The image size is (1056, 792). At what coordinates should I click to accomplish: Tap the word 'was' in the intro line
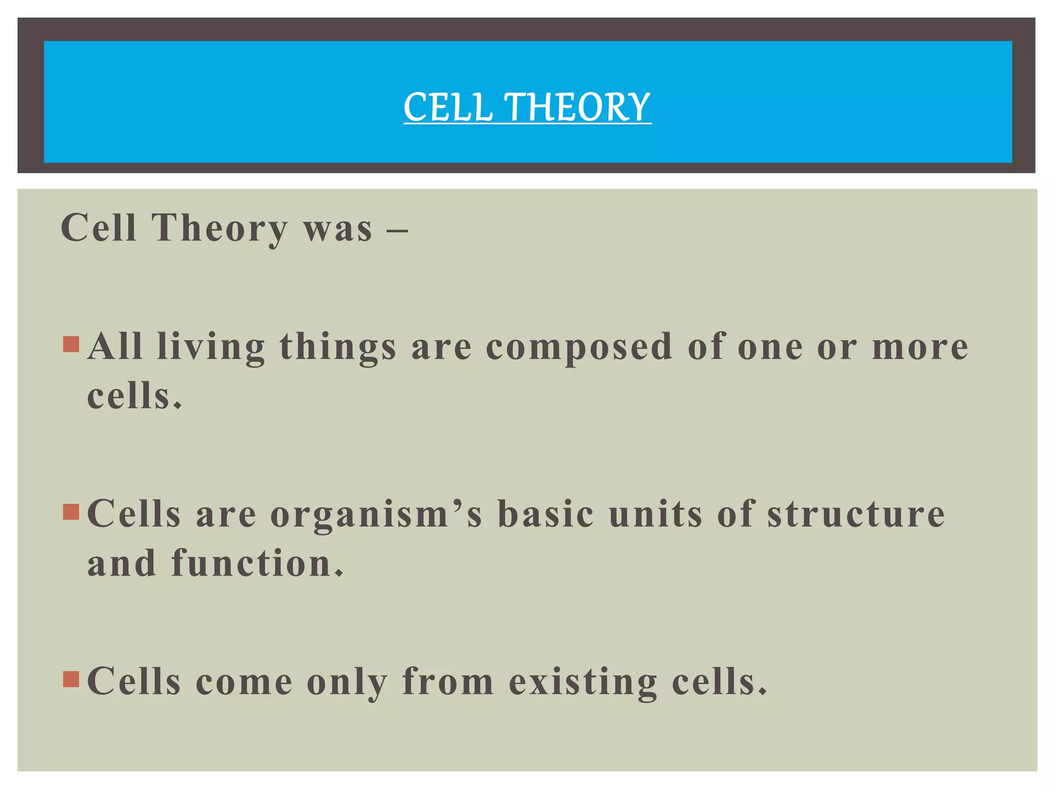(x=338, y=229)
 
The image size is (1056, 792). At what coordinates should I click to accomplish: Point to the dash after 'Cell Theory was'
(x=397, y=229)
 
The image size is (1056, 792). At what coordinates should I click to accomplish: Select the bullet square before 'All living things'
(x=71, y=344)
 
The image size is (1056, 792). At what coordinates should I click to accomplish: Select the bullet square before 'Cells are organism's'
(x=71, y=511)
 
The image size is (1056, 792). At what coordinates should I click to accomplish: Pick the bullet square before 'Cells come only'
(x=71, y=679)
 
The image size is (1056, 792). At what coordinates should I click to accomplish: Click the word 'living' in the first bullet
(x=211, y=348)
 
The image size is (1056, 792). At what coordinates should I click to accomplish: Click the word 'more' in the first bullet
(x=920, y=346)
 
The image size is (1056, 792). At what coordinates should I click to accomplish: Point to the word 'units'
(x=655, y=514)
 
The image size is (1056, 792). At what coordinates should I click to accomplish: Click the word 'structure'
(x=856, y=514)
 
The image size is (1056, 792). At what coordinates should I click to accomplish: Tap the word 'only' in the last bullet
(x=347, y=683)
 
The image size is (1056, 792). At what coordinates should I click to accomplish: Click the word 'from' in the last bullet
(x=448, y=682)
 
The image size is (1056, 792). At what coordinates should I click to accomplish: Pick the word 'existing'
(x=583, y=683)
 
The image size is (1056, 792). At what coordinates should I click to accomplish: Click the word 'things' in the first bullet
(x=338, y=348)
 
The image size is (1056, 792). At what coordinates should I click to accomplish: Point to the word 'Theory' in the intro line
(x=219, y=229)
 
